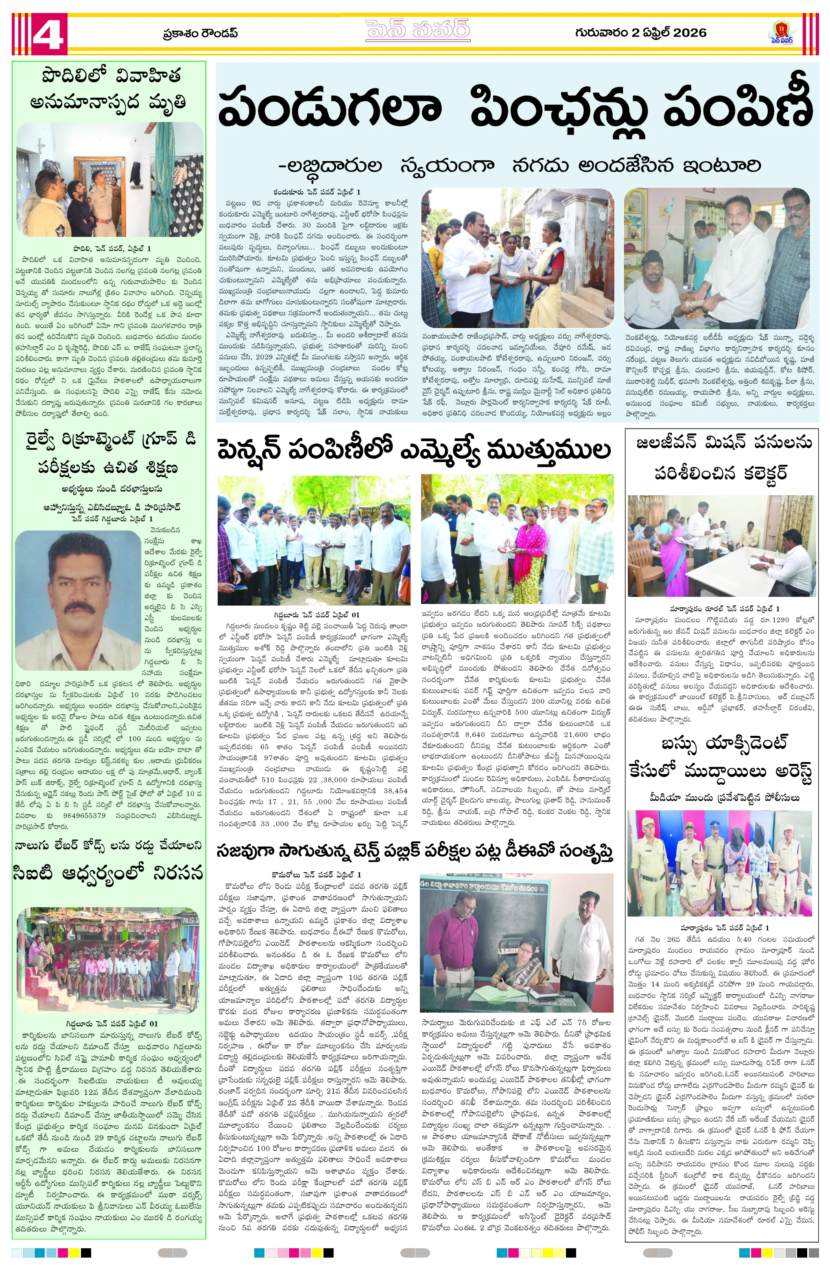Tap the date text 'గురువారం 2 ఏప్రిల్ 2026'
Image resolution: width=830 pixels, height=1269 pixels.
point(640,33)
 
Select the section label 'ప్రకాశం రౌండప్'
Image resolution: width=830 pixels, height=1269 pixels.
point(200,34)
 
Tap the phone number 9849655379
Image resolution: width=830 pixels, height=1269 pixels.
point(79,816)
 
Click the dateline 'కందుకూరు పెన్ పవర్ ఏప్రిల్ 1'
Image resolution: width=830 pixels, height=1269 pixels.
point(317,191)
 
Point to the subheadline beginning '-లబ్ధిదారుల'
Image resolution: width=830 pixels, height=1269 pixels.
point(519,166)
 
